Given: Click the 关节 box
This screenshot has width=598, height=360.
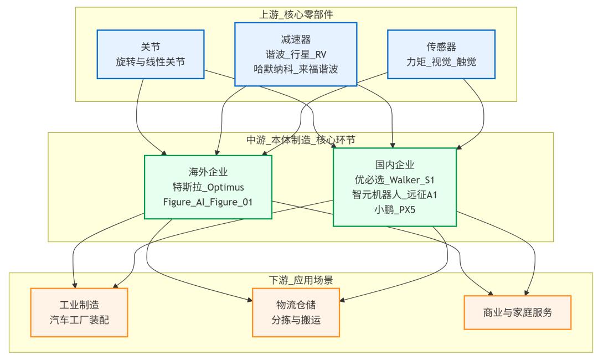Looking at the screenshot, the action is click(151, 54).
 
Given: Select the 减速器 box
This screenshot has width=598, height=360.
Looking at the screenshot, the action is click(296, 54).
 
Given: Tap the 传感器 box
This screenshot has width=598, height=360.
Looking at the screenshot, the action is click(441, 54).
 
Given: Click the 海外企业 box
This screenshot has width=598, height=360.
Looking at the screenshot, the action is click(208, 187).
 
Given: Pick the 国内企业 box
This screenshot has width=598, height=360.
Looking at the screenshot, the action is click(395, 187).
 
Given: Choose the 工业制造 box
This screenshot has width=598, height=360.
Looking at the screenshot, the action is click(79, 312).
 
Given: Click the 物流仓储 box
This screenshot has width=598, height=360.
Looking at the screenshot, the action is click(296, 312).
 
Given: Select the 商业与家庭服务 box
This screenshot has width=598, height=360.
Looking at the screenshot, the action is click(518, 312).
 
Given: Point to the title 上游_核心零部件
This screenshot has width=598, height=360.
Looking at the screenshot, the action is click(296, 14).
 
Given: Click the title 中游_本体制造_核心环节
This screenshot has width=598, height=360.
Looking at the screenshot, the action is click(301, 140).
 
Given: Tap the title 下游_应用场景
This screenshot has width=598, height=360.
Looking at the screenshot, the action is click(301, 280).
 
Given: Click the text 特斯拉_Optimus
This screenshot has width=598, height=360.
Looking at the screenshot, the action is click(208, 187).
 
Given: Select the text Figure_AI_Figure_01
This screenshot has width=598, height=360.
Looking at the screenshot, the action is click(208, 202).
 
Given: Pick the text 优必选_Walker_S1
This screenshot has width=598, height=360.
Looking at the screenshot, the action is click(395, 179).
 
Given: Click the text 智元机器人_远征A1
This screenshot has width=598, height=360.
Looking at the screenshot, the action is click(395, 194).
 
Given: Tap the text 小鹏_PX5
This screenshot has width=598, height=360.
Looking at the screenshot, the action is click(395, 209).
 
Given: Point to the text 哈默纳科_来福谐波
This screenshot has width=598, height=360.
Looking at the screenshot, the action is click(296, 69).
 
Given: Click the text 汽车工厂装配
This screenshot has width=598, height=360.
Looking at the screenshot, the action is click(79, 320).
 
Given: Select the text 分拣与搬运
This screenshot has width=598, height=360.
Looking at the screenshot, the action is click(296, 320).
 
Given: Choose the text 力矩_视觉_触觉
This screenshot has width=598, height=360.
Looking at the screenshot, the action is click(441, 62).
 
